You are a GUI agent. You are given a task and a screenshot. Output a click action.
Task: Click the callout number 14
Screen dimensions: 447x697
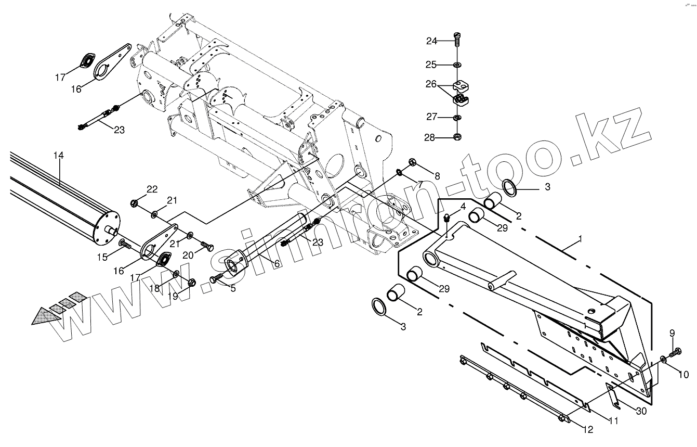(x=58, y=155)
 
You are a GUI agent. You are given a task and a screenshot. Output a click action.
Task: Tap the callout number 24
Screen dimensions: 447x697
(x=432, y=41)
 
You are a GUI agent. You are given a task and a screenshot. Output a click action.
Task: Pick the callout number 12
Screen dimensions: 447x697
(x=588, y=429)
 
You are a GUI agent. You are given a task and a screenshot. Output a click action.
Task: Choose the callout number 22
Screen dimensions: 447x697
(x=152, y=189)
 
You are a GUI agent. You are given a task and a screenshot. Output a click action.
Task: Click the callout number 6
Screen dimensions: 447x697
(x=277, y=264)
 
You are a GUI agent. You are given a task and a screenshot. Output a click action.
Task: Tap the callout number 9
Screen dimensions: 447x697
(x=672, y=334)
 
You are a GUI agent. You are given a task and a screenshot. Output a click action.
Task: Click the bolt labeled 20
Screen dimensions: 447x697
(x=206, y=246)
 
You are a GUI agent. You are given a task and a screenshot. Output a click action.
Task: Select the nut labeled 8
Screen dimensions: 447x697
(x=412, y=162)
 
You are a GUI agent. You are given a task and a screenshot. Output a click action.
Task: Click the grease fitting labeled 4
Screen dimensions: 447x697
(x=446, y=219)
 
